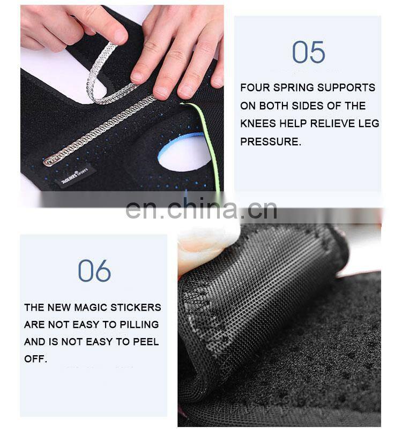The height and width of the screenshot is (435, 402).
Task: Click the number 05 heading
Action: [x=308, y=52]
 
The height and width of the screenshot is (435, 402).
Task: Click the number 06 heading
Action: [x=94, y=271]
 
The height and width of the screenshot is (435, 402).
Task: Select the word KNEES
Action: [x=258, y=123]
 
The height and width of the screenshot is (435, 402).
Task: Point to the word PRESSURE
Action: [x=270, y=141]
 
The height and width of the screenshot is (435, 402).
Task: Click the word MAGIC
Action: [x=91, y=307]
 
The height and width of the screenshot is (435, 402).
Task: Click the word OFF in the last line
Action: [x=35, y=359]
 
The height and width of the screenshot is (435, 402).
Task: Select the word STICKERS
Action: [x=136, y=307]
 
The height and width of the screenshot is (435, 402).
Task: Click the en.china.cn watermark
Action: [x=201, y=209]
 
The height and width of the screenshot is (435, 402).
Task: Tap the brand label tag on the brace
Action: [x=75, y=177]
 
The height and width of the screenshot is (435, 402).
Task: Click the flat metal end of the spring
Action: [x=49, y=161]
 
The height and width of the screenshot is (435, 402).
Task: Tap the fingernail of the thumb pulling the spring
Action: [x=120, y=36]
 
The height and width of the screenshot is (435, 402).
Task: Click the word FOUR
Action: [x=255, y=88]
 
